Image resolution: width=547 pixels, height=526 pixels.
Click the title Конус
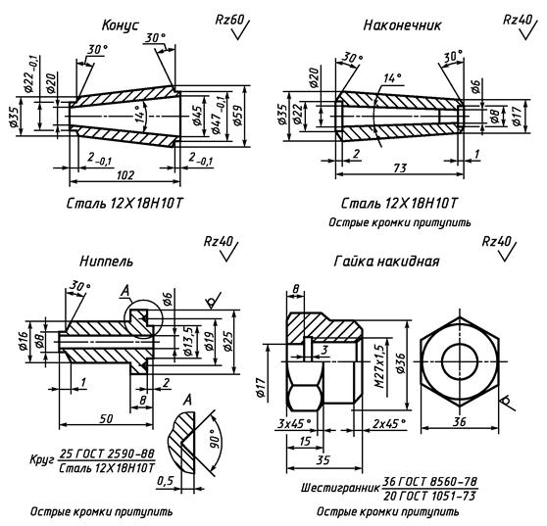(x=120, y=25)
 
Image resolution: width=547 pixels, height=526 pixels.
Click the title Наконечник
(x=402, y=25)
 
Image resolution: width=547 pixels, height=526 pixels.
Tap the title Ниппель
(x=107, y=262)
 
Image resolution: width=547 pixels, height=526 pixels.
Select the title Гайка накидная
(x=386, y=262)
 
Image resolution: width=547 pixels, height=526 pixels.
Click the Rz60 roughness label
(x=229, y=20)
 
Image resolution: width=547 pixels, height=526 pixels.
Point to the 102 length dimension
(x=124, y=174)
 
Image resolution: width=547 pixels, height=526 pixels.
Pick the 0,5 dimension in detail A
(x=165, y=481)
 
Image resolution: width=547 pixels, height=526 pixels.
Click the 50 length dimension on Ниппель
(x=106, y=418)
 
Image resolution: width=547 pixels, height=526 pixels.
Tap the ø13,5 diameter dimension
(x=187, y=341)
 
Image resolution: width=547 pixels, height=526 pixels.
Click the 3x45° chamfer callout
(x=294, y=424)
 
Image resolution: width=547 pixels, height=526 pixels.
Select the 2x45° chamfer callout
(x=389, y=424)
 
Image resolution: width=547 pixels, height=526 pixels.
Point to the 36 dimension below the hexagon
(x=460, y=422)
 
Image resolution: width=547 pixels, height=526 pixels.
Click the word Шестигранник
(x=340, y=487)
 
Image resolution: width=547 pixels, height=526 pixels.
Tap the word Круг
(x=42, y=459)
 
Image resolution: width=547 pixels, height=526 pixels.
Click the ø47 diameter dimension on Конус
(x=218, y=116)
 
